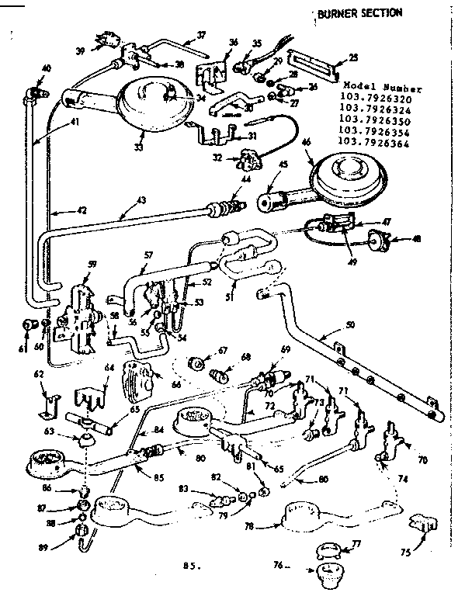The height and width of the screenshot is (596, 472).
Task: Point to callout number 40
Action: click(46, 68)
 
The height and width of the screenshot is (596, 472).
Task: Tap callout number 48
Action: click(417, 239)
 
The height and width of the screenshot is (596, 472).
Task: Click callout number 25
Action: click(353, 57)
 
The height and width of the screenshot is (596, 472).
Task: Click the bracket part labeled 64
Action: click(92, 396)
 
